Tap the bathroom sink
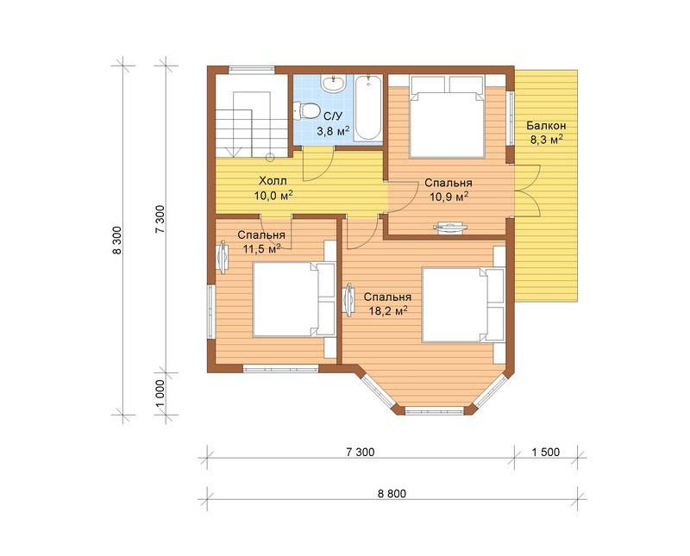pos(334,83)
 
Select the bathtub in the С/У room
pos(368,108)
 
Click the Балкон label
pos(546,126)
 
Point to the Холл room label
pos(273,181)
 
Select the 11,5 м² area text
pos(262,249)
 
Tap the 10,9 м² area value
pos(448,197)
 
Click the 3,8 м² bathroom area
pos(333,131)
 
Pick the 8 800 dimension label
pos(392,494)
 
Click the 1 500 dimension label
pos(546,453)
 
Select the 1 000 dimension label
pos(160,394)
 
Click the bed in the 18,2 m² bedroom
pos(463,304)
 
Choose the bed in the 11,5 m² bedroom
pos(294,300)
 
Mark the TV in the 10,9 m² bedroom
pos(450,227)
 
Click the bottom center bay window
pos(435,411)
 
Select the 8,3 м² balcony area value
pos(546,141)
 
